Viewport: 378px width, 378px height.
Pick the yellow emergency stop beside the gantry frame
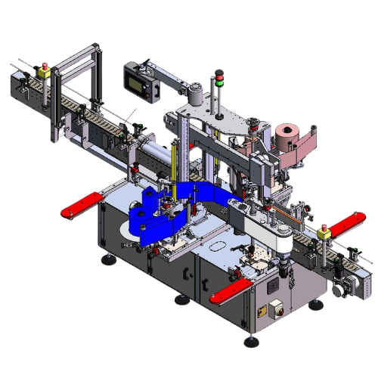click(x=42, y=73)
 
